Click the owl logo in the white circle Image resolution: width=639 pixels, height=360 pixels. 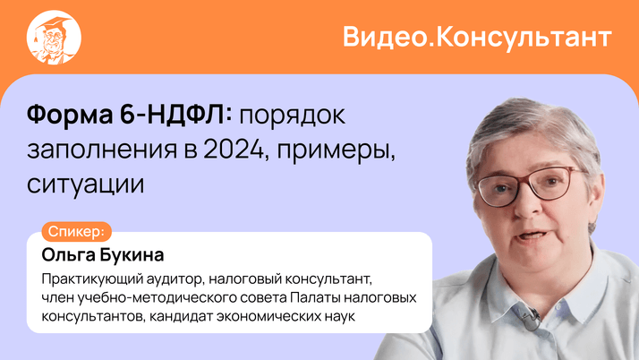[55, 38]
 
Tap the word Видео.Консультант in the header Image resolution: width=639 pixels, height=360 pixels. [477, 38]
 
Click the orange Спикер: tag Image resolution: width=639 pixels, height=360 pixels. [80, 230]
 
